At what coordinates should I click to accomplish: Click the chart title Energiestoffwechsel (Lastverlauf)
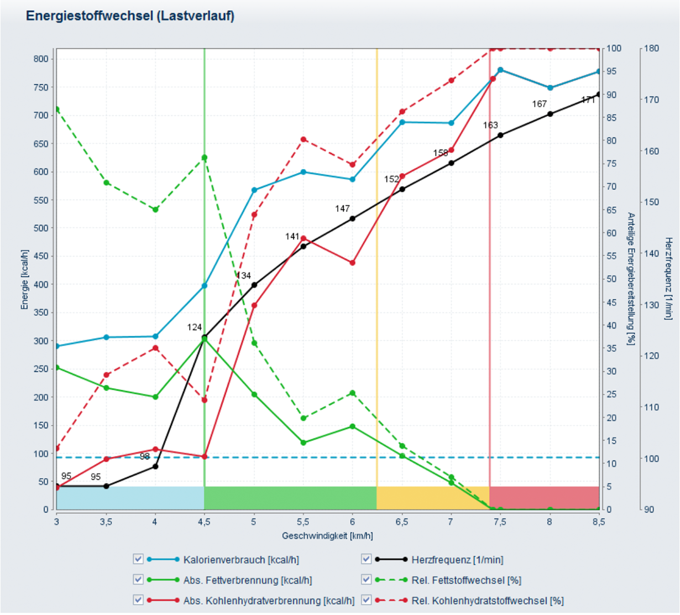coord(130,16)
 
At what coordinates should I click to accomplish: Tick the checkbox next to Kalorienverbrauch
coord(138,559)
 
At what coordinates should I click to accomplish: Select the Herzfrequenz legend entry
coord(457,560)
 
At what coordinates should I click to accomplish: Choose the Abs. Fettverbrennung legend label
coord(247,580)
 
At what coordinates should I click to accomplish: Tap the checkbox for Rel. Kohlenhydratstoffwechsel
coord(366,600)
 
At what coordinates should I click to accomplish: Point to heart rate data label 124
coord(195,327)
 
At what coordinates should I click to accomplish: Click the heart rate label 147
coord(342,209)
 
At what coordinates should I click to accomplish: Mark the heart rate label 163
coord(490,125)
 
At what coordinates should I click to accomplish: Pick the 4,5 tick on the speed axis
coord(205,522)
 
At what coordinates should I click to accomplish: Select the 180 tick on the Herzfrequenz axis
coord(652,48)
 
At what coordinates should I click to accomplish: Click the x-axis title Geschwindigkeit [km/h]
coord(327,535)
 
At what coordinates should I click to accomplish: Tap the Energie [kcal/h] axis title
coord(24,279)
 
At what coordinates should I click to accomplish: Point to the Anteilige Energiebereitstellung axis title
coord(631,279)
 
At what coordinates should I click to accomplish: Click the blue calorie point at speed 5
coord(254,190)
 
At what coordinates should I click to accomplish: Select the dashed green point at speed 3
coord(56,109)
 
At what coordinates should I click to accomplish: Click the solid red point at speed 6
coord(353,263)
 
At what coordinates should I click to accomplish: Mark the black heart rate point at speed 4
coord(155,466)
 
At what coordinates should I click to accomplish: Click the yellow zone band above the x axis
coord(432,498)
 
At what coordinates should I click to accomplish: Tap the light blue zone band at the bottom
coord(130,498)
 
